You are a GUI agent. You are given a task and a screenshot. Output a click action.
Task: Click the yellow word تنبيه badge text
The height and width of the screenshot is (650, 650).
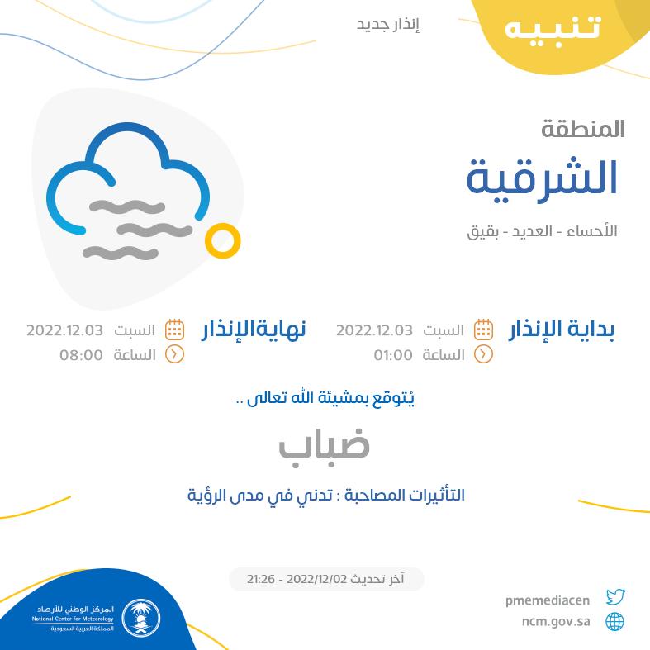(553, 29)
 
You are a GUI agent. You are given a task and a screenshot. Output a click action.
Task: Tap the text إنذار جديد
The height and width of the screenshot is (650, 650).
(388, 26)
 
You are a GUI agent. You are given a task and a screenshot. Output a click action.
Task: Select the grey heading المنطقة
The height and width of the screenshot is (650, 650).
(582, 129)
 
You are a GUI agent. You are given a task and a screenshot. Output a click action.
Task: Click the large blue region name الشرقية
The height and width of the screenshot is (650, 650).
(543, 179)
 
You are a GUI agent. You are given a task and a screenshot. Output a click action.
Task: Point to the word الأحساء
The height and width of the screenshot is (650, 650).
(592, 230)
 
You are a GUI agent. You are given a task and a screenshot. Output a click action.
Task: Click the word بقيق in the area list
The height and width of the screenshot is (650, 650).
(482, 232)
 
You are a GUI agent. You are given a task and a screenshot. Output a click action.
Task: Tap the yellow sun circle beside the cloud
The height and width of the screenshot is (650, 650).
(223, 241)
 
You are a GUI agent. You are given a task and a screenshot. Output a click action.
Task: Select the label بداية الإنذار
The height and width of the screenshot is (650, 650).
(562, 330)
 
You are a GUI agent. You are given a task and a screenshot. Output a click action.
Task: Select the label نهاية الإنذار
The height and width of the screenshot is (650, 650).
(254, 330)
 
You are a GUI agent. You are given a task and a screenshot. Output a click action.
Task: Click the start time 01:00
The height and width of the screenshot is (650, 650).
(393, 355)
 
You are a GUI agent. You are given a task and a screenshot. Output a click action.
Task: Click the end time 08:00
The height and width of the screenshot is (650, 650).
(81, 355)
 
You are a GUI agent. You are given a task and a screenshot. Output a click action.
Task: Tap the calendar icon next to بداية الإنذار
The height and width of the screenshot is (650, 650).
(483, 330)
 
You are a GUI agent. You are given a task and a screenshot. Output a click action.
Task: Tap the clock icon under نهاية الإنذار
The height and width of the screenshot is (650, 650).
(174, 355)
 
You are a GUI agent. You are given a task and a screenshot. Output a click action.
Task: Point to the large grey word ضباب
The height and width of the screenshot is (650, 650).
(324, 447)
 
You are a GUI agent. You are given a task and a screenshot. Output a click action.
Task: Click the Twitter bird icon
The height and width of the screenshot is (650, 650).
(615, 597)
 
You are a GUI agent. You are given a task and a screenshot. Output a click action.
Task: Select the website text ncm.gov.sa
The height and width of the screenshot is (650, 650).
(556, 622)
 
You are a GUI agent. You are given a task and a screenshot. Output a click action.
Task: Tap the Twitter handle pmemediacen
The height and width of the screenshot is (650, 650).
(548, 600)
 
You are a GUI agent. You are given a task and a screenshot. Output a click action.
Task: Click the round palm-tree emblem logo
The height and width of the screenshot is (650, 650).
(141, 618)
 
